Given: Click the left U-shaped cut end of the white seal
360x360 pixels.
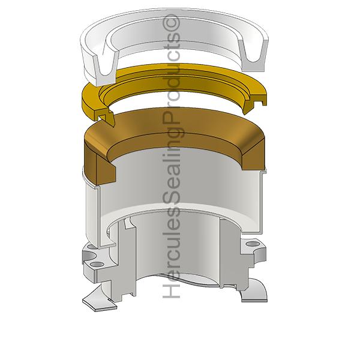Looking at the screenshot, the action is click(106, 69).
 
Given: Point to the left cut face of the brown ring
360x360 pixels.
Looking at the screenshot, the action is click(105, 167).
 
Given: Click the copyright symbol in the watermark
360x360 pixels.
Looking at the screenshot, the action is click(171, 23).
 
